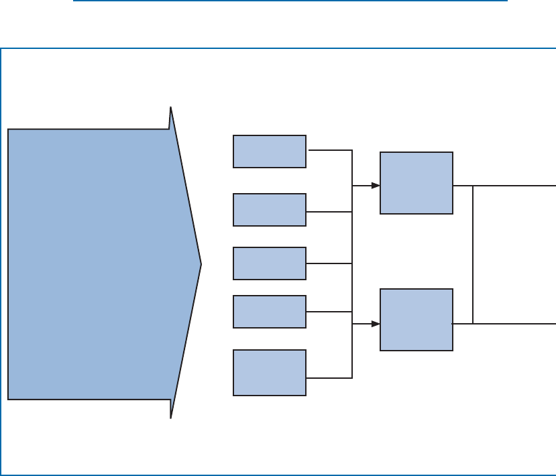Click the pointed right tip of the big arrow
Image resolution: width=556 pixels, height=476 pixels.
pyautogui.click(x=200, y=263)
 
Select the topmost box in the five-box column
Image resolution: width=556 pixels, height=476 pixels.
pyautogui.click(x=270, y=151)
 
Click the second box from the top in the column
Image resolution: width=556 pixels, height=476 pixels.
pyautogui.click(x=270, y=210)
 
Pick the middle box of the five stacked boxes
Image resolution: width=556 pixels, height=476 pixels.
pyautogui.click(x=270, y=263)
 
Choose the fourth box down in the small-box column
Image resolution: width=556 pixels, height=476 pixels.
pyautogui.click(x=270, y=312)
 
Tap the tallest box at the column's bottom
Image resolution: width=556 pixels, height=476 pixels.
pyautogui.click(x=270, y=372)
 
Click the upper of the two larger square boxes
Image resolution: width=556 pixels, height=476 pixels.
pyautogui.click(x=416, y=183)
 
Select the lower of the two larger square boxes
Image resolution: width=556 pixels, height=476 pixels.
pyautogui.click(x=416, y=320)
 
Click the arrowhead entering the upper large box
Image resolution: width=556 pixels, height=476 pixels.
pyautogui.click(x=375, y=186)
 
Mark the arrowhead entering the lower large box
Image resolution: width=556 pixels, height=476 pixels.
pyautogui.click(x=375, y=324)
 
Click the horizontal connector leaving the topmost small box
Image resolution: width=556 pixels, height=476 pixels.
pyautogui.click(x=329, y=150)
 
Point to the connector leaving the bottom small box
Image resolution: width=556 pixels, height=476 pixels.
pyautogui.click(x=329, y=378)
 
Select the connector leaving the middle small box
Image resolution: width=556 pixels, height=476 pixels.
pyautogui.click(x=329, y=263)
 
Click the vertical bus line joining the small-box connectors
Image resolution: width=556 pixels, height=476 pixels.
pyautogui.click(x=352, y=288)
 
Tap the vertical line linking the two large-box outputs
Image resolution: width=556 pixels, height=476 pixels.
pyautogui.click(x=473, y=255)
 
